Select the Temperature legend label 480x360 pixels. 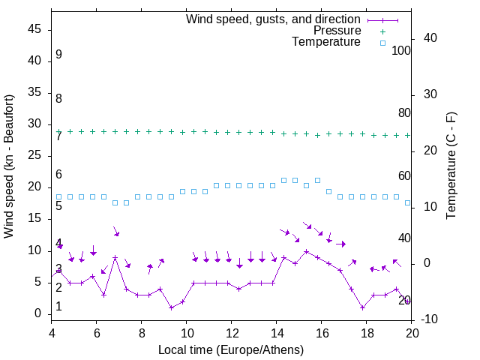pos(326,42)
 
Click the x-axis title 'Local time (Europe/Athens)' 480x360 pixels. pos(231,349)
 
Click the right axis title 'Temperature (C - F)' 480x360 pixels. pos(451,166)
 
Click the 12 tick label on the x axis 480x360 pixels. pos(232,333)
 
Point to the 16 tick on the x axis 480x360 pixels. pos(322,333)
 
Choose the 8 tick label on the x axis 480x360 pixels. pos(142,333)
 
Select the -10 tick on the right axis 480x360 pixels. pos(428,319)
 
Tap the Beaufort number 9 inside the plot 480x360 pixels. pos(58,55)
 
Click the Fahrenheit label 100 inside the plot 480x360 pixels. pos(401,51)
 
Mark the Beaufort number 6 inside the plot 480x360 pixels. pos(58,175)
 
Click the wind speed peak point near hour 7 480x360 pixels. pos(115,257)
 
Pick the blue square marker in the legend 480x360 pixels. pos(382,43)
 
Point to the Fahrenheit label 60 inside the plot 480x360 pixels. pos(404,176)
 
